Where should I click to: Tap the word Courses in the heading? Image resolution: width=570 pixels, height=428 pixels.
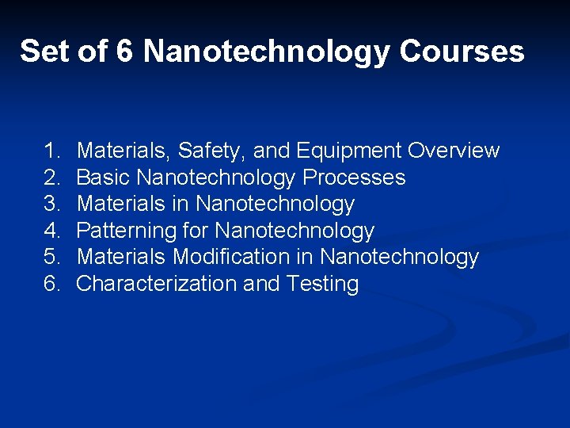coord(462,52)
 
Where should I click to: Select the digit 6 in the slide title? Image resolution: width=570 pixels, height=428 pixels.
coord(124,52)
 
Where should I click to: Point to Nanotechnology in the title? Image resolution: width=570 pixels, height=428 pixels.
coord(268,52)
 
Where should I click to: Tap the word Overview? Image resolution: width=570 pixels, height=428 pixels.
coord(454,151)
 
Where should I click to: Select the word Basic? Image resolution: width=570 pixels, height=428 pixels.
coord(104,178)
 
